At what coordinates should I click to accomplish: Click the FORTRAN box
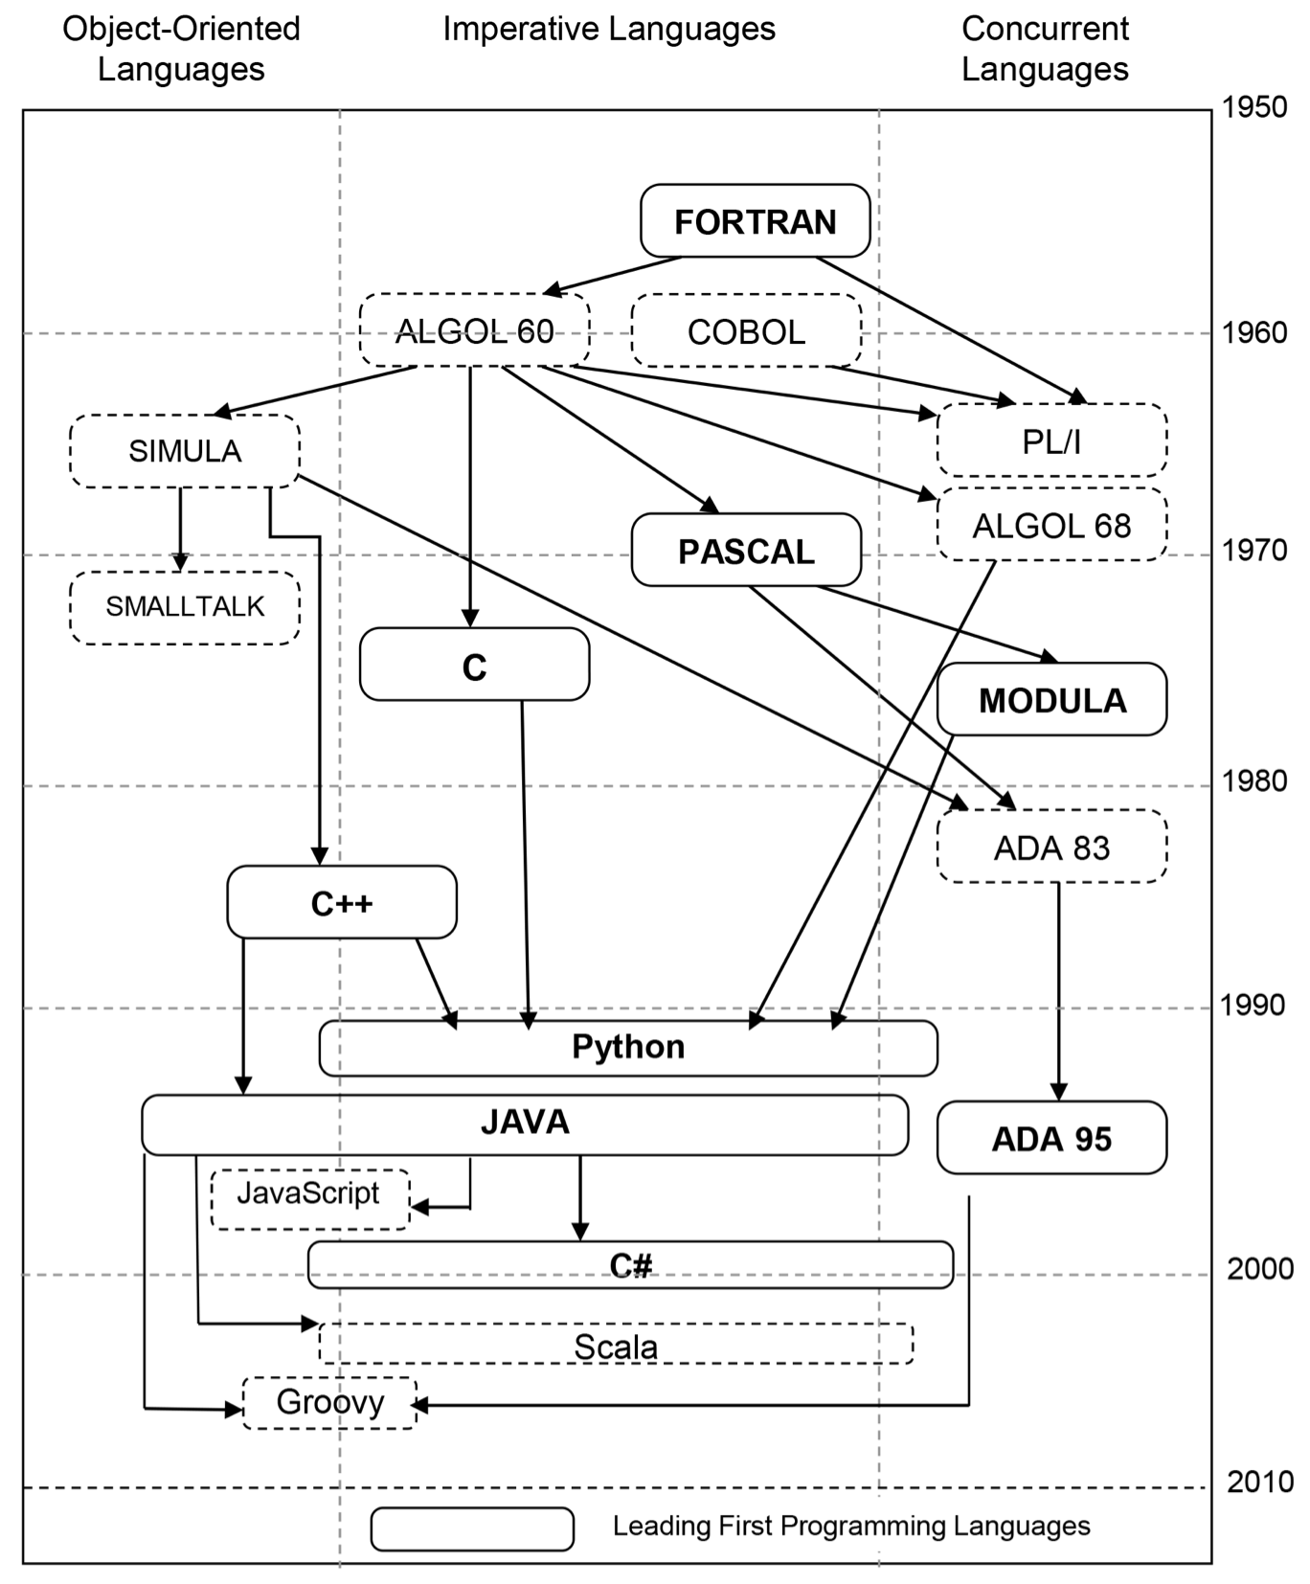[x=755, y=221]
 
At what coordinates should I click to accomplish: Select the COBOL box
[x=746, y=331]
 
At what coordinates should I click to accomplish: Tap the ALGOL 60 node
[x=474, y=331]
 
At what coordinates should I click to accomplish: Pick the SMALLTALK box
[x=185, y=607]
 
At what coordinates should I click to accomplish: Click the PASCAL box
[x=746, y=551]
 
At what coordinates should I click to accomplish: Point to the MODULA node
[x=1051, y=700]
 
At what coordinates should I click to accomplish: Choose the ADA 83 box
[x=1051, y=848]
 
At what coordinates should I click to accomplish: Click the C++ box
[x=342, y=903]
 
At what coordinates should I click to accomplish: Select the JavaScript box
[x=308, y=1198]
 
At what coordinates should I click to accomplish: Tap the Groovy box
[x=329, y=1403]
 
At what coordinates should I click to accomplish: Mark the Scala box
[x=615, y=1346]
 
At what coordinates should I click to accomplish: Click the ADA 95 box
[x=1051, y=1139]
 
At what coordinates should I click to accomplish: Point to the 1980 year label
[x=1254, y=781]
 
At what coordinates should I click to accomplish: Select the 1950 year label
[x=1254, y=107]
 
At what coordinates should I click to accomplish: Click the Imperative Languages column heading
[x=609, y=30]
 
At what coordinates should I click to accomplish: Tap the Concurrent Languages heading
[x=1045, y=49]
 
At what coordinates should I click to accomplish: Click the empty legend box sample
[x=472, y=1529]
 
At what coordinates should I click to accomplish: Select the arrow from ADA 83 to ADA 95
[x=1058, y=991]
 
